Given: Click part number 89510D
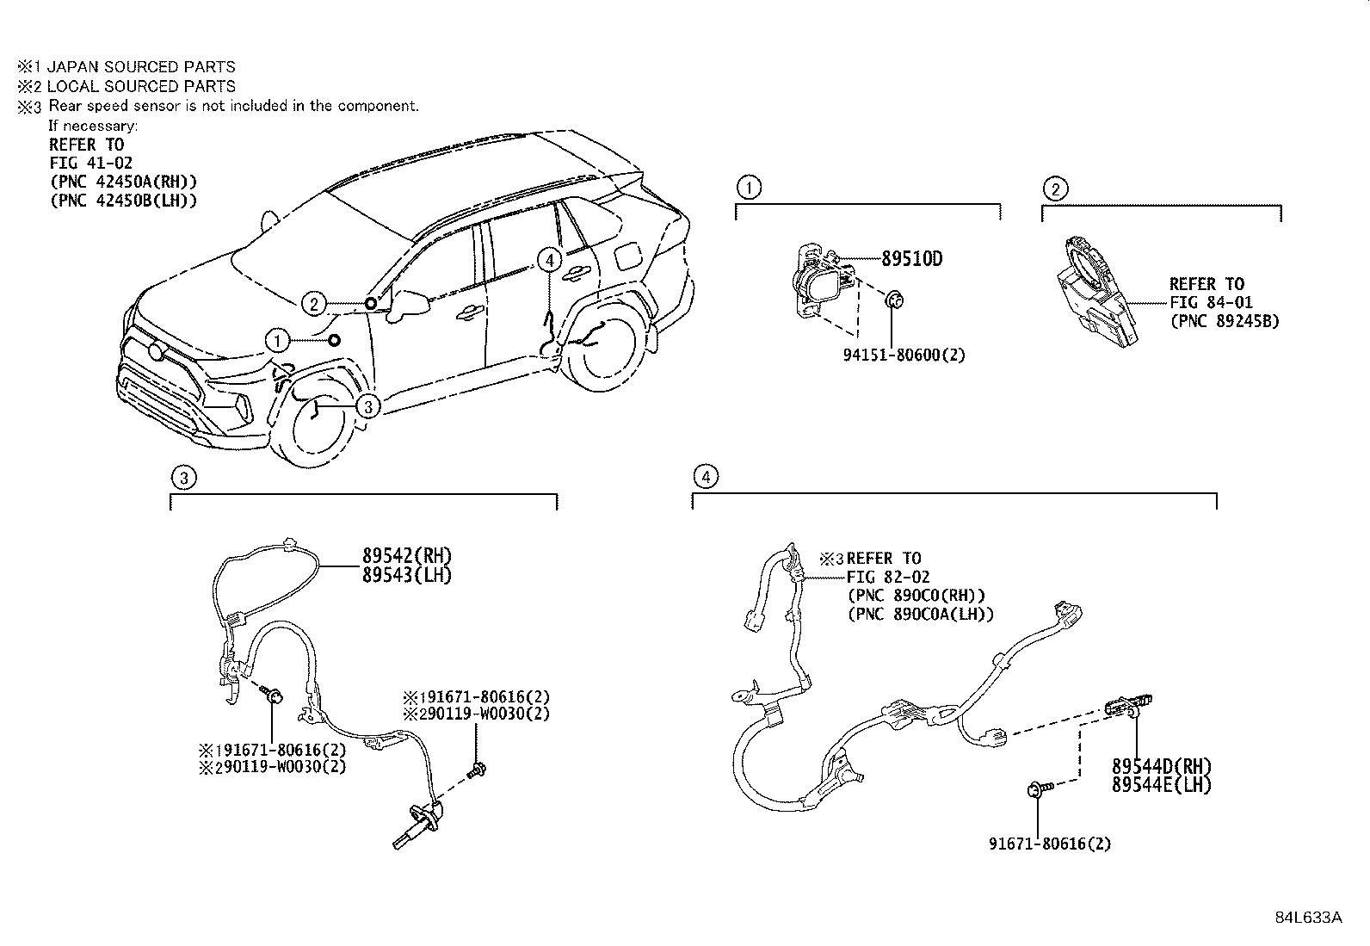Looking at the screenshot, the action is tap(912, 259).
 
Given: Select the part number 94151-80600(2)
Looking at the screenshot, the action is tap(904, 355).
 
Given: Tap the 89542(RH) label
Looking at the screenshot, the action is tap(407, 555).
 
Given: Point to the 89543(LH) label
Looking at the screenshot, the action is tap(407, 575).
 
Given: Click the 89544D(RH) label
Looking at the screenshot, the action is tap(1162, 766).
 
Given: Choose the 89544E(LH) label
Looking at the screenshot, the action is tap(1162, 785).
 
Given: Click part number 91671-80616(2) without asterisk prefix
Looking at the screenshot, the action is tap(1050, 844).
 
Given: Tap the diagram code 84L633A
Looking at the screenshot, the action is tap(1309, 918).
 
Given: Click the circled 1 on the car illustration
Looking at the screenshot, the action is tap(278, 341).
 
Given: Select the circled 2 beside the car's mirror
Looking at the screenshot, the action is tap(314, 304).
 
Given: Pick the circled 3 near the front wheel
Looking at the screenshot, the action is tap(368, 406).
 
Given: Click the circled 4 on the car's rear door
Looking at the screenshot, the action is tap(549, 261).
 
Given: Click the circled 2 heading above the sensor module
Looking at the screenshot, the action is tap(1056, 189).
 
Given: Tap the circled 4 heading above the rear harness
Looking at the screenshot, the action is tap(706, 476).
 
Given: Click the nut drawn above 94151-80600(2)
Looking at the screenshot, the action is tap(894, 300).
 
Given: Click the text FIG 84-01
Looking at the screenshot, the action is tap(1212, 302).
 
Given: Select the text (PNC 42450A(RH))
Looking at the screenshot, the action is tap(124, 182).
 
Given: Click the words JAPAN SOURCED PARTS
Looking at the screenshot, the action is tap(141, 66).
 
